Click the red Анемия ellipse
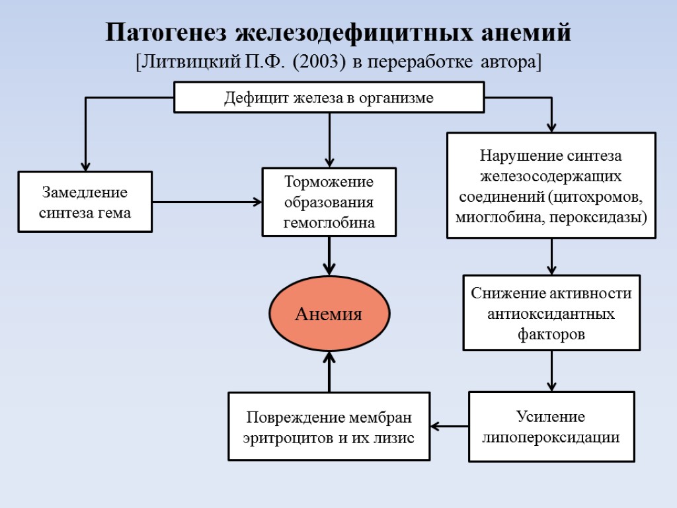coord(329,314)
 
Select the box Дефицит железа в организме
coord(329,98)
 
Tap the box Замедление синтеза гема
coord(85,202)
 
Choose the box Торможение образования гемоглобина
coord(329,202)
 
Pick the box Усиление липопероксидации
coord(551,427)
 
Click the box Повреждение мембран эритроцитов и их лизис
coord(329,427)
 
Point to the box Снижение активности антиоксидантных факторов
coord(551,313)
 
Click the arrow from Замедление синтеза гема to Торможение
coord(207,201)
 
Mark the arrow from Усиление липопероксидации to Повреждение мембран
coord(450,427)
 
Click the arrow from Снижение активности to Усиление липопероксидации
coord(551,371)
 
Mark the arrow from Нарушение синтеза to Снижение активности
coord(551,257)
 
